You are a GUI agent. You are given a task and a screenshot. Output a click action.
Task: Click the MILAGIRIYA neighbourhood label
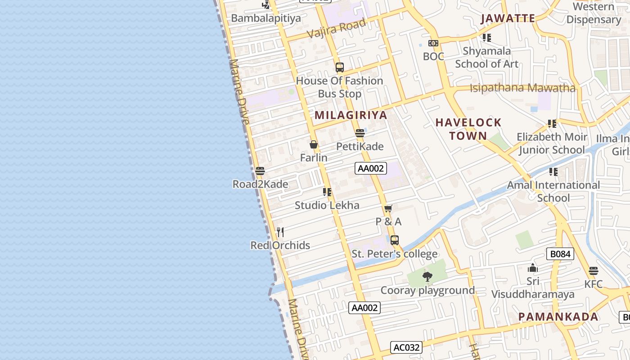click(351, 115)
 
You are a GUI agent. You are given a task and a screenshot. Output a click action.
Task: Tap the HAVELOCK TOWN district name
click(468, 129)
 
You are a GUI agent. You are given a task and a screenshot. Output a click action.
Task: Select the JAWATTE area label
click(508, 18)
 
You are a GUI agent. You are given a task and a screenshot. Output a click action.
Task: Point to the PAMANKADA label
click(558, 317)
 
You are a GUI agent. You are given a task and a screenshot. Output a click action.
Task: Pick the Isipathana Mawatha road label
click(522, 88)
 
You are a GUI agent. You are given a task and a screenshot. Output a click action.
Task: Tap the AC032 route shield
click(406, 347)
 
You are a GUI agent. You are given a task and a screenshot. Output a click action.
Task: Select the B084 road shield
click(561, 254)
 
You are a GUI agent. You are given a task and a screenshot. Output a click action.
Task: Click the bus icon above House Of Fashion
click(340, 67)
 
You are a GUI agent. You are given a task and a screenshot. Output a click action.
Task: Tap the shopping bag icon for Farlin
click(314, 144)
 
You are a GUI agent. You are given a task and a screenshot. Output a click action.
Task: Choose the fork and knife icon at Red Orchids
click(280, 232)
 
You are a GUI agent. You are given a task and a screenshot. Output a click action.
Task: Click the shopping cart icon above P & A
click(388, 208)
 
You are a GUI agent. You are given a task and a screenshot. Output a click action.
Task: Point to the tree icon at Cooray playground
click(427, 277)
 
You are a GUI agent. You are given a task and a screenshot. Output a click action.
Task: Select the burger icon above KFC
click(594, 271)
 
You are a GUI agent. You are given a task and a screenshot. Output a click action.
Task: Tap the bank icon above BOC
click(433, 43)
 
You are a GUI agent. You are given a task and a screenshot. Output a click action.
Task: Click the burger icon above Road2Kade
click(260, 171)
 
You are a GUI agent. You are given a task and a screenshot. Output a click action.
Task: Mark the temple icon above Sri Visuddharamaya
click(533, 268)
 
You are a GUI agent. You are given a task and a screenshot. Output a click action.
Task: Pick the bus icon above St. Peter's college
click(395, 240)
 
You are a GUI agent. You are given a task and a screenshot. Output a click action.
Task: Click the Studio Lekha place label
click(327, 206)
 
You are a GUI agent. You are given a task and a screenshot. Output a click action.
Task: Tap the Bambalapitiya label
click(265, 18)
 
